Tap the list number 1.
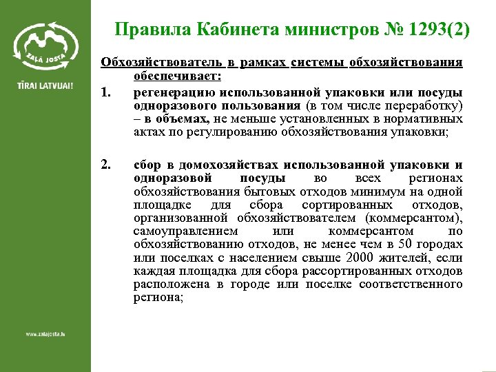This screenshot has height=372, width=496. [105, 92]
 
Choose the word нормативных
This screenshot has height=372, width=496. [430, 118]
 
